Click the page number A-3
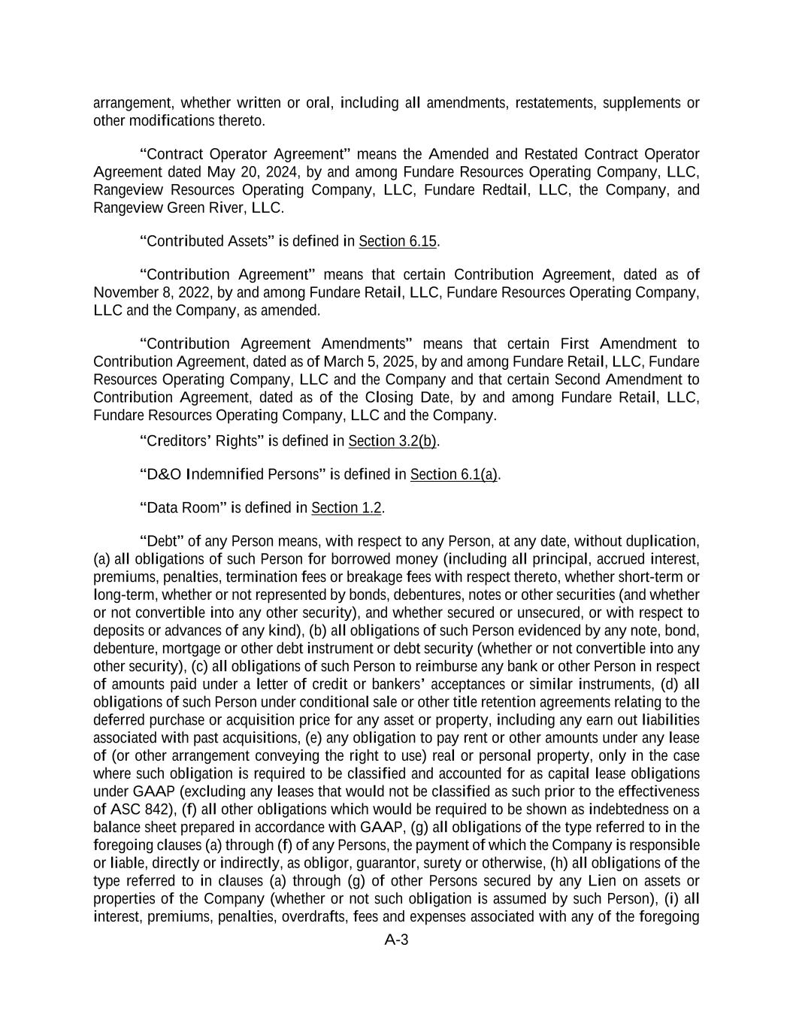pos(396,940)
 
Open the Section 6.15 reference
pos(398,241)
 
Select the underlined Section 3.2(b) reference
pos(392,441)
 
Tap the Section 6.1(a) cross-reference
pos(454,474)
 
